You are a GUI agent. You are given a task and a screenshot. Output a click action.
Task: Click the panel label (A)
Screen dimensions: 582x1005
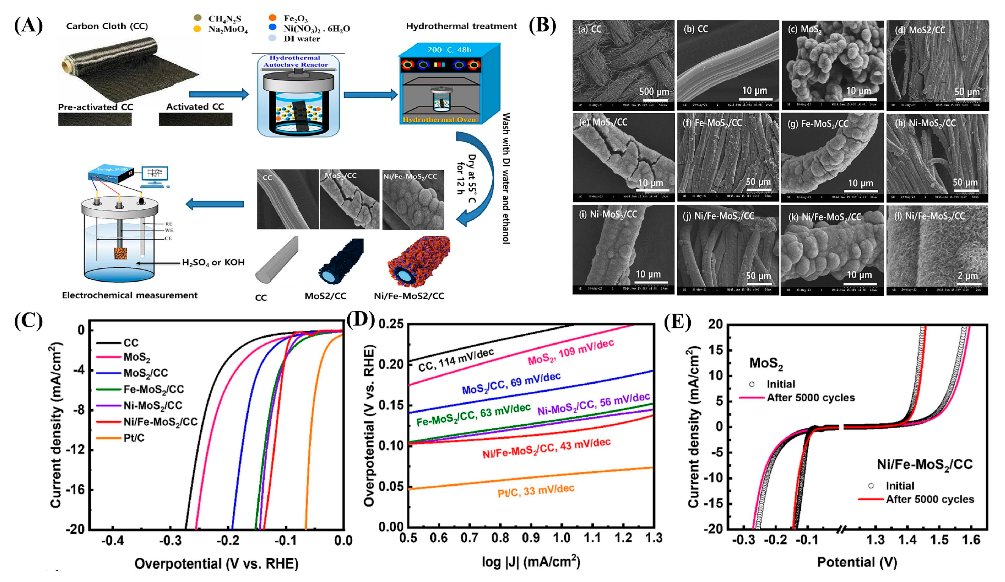pyautogui.click(x=28, y=26)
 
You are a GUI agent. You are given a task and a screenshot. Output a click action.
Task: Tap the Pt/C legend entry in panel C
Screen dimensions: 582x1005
pyautogui.click(x=133, y=438)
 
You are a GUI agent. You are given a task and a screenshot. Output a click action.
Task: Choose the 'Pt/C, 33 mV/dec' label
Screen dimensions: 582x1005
pyautogui.click(x=536, y=491)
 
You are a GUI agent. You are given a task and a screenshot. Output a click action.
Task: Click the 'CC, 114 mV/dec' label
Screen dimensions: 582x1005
pyautogui.click(x=456, y=359)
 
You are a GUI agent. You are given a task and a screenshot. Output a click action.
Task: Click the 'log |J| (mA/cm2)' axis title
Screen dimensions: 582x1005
pyautogui.click(x=531, y=562)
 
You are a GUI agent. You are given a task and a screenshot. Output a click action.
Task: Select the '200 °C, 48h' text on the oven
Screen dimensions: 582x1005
pyautogui.click(x=449, y=50)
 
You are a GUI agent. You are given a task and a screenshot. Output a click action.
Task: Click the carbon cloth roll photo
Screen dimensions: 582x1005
pyautogui.click(x=130, y=68)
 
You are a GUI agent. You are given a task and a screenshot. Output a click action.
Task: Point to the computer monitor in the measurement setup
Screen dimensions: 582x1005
pyautogui.click(x=154, y=174)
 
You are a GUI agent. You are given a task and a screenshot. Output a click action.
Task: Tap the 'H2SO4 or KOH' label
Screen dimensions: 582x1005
pyautogui.click(x=213, y=262)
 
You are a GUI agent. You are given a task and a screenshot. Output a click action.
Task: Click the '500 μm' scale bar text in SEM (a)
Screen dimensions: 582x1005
pyautogui.click(x=654, y=91)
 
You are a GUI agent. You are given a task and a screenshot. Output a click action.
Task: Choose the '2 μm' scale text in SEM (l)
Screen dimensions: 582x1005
pyautogui.click(x=967, y=276)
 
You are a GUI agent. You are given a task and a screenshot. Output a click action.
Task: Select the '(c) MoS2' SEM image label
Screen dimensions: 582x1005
pyautogui.click(x=804, y=30)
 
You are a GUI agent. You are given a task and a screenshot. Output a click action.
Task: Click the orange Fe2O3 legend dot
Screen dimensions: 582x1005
pyautogui.click(x=273, y=18)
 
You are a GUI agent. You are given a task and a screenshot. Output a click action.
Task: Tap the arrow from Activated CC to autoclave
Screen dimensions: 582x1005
pyautogui.click(x=218, y=94)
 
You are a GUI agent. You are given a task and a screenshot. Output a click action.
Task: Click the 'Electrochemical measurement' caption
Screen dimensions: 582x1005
pyautogui.click(x=130, y=295)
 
